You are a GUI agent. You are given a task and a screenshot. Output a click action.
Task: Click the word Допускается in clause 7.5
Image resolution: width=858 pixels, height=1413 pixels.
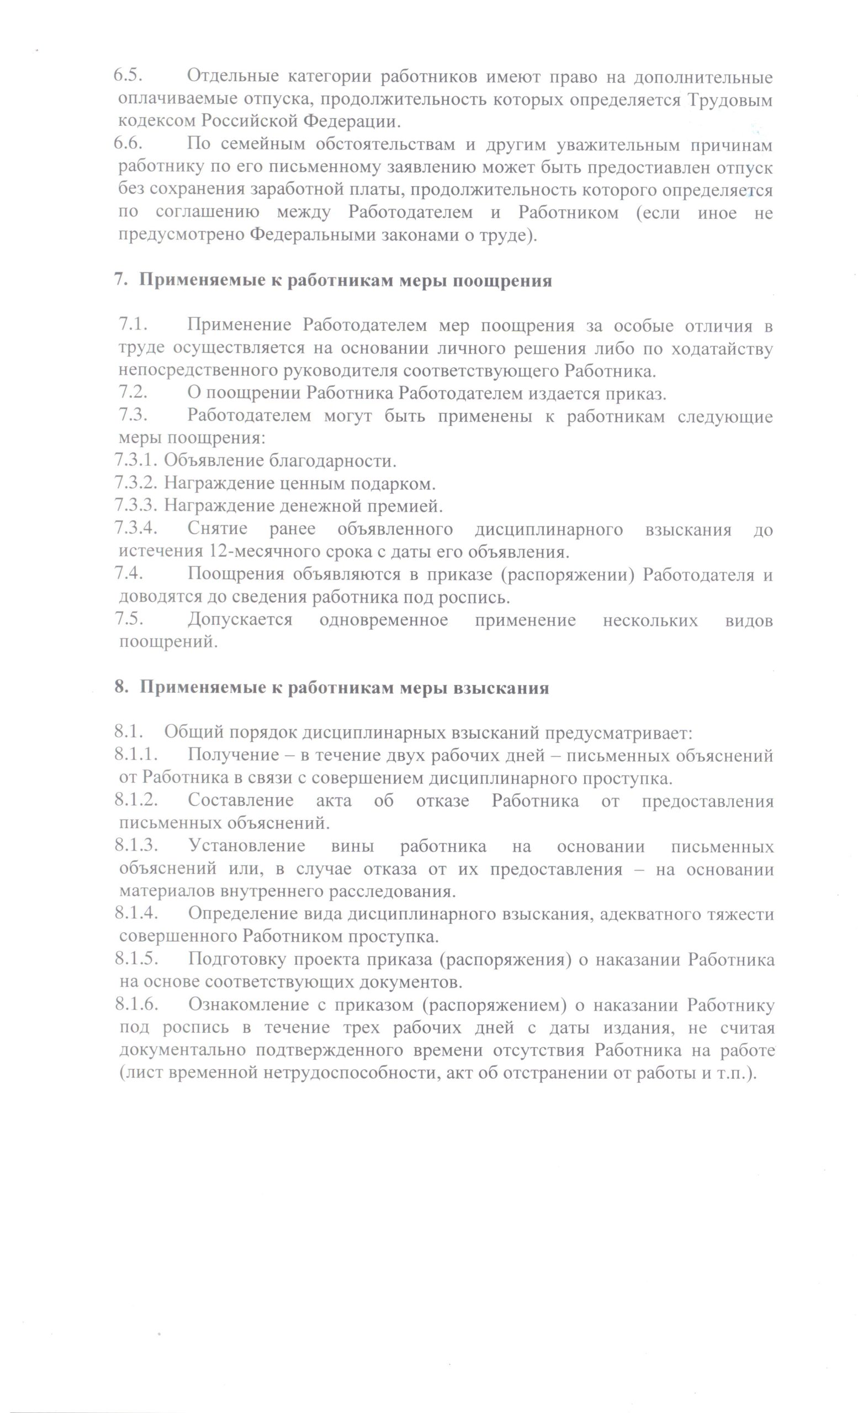240,620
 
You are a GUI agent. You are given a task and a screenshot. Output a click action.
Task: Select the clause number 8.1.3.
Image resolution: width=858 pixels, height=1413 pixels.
136,847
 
